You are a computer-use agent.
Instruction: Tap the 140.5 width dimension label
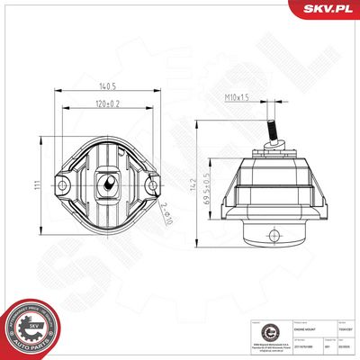[109, 88]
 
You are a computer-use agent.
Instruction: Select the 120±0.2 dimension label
[109, 104]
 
